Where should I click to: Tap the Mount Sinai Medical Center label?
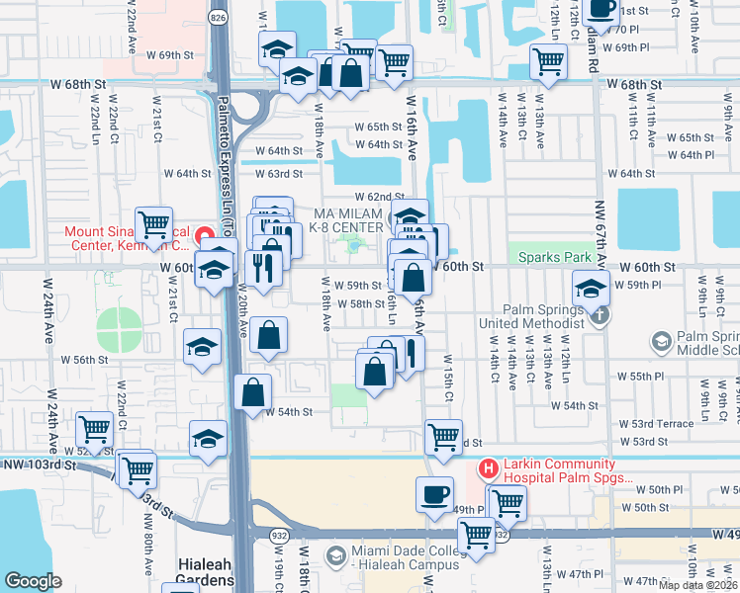click(126, 239)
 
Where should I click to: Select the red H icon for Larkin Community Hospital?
click(486, 466)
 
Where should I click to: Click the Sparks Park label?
click(548, 257)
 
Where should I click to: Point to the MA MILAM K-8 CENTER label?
click(347, 221)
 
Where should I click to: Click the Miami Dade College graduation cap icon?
click(337, 557)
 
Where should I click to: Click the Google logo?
click(33, 581)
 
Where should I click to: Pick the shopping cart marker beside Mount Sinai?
click(153, 225)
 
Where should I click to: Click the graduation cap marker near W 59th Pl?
click(590, 289)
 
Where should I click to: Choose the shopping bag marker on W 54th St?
click(253, 390)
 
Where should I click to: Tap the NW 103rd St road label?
click(40, 464)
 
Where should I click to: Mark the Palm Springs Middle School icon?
click(661, 342)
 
